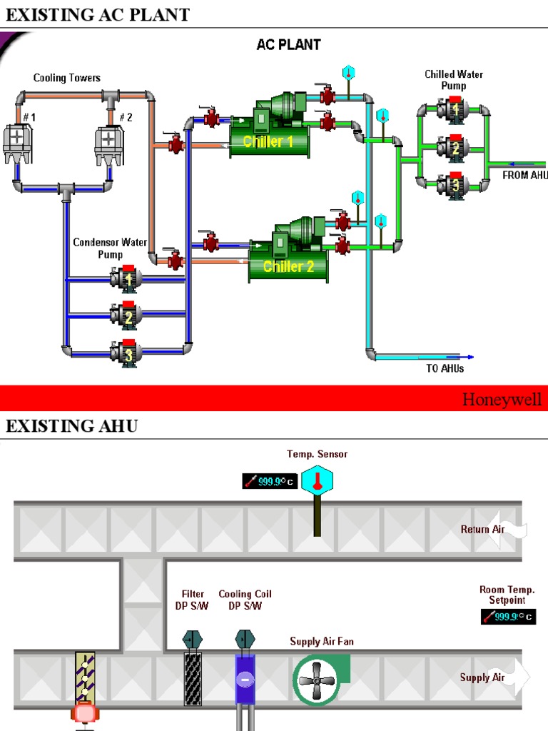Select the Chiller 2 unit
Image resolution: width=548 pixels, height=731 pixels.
click(x=289, y=259)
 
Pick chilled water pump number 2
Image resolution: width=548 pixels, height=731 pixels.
click(x=454, y=148)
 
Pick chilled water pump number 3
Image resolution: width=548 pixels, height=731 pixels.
click(x=454, y=186)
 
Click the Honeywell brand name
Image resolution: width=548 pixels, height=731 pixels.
click(x=502, y=399)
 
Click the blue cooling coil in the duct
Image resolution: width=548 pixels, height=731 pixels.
click(x=245, y=679)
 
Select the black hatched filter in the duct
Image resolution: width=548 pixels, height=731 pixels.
click(x=193, y=679)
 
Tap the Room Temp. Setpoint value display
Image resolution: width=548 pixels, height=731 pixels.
click(x=508, y=617)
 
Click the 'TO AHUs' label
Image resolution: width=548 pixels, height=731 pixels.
click(x=445, y=368)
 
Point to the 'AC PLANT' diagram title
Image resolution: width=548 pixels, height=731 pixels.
click(x=289, y=44)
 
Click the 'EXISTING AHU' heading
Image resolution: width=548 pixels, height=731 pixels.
click(x=71, y=426)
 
